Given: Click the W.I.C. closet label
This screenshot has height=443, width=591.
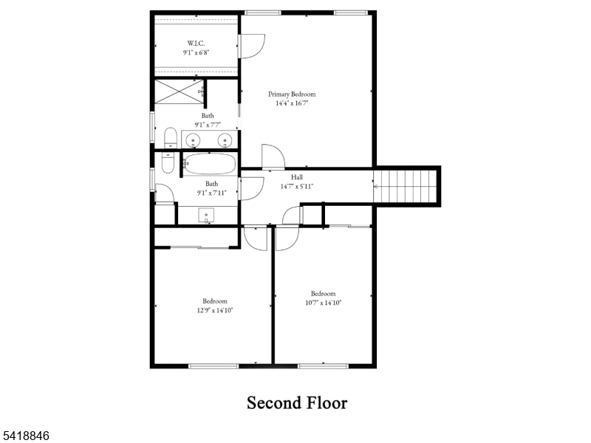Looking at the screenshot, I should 196,43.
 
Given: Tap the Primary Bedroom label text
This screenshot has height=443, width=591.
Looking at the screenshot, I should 292,94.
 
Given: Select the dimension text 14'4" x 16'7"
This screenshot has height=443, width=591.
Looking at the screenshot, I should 292,103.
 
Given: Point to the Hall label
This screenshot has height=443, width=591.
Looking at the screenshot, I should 297,177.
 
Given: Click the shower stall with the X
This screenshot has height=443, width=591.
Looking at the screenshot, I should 178,92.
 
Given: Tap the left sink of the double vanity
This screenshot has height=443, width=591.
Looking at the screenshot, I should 194,140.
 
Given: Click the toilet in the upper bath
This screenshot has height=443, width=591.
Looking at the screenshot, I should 169,138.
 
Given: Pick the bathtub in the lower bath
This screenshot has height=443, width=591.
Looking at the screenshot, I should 210,163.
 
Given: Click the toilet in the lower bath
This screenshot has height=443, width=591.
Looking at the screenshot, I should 166,163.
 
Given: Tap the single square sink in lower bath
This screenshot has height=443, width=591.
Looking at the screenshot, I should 207,215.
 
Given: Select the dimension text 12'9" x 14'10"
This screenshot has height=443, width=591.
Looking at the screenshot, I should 215,310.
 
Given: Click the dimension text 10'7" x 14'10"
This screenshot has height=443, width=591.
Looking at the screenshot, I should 323,302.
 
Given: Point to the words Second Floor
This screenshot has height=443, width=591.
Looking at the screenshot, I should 296,402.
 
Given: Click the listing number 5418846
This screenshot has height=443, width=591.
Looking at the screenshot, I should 26,436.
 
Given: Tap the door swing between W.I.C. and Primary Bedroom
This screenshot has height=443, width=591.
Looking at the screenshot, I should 251,46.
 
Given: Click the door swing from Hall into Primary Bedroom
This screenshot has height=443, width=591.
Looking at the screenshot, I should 272,157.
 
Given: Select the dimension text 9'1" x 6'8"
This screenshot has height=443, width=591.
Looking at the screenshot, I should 196,52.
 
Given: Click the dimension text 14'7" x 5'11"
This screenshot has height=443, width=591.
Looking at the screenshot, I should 297,186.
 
